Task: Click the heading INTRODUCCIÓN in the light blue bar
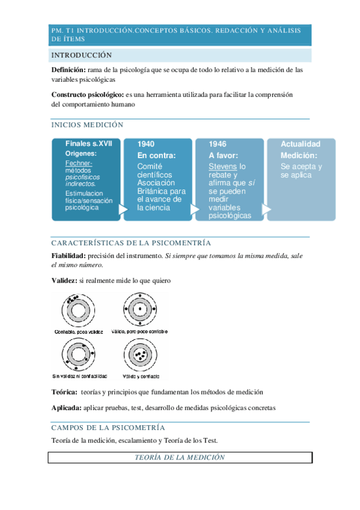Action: coord(82,55)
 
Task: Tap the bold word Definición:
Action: coord(69,70)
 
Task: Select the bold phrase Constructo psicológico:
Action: coord(87,94)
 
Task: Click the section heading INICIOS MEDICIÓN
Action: coord(88,125)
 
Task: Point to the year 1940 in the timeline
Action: coord(146,144)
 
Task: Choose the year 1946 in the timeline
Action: coord(218,144)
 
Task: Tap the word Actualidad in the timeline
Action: coord(301,144)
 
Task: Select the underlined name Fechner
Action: coord(78,164)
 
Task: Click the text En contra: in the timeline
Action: coord(156,155)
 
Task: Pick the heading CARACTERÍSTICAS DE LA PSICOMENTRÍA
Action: coord(131,243)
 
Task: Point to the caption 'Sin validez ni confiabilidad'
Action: coord(79,376)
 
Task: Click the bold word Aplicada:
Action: coord(66,408)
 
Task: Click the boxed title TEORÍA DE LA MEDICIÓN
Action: coord(180,458)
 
